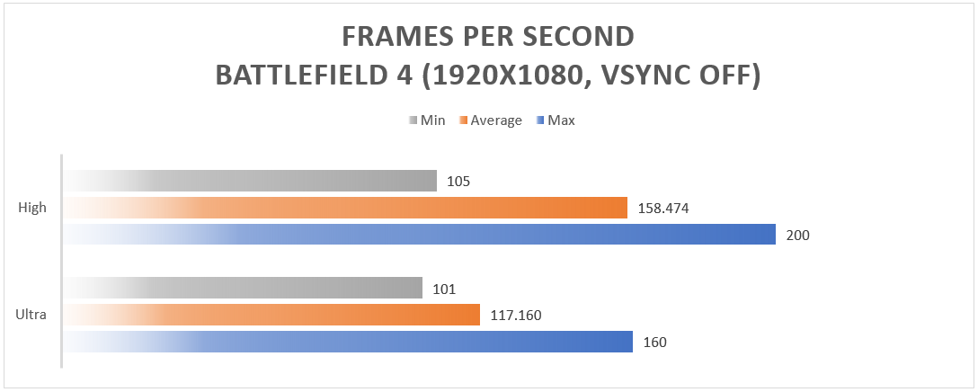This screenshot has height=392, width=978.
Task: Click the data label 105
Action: (x=458, y=182)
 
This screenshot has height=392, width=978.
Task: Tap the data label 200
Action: (x=797, y=236)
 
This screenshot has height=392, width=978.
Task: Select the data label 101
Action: (x=444, y=289)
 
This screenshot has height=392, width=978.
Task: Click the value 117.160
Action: (x=516, y=316)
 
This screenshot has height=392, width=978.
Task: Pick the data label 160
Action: (x=654, y=343)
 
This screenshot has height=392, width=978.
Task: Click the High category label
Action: (x=32, y=208)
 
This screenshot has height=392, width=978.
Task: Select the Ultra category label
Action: (x=31, y=315)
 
